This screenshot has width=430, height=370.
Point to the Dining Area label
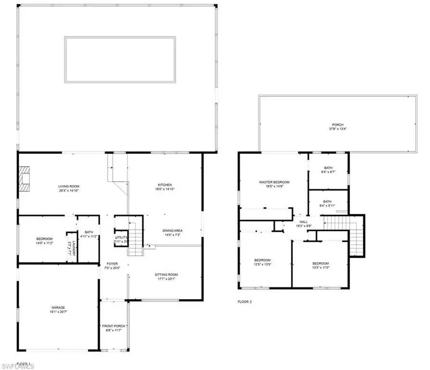[x=172, y=233]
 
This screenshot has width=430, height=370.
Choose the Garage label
[x=58, y=310]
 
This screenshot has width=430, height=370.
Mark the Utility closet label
[x=121, y=239]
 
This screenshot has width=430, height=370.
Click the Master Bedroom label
[x=274, y=185]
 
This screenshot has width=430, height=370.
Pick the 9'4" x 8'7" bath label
[x=328, y=171]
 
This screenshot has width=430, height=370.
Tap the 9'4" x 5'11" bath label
[x=327, y=204]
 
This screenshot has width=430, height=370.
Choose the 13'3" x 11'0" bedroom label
[x=320, y=265]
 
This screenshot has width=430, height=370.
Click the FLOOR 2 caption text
[x=244, y=302]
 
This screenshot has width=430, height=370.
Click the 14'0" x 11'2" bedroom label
[x=44, y=241]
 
